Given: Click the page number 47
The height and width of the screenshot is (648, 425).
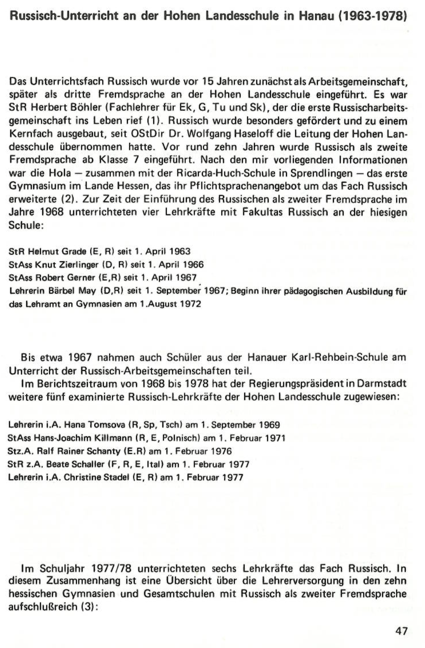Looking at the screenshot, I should coord(402,631).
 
